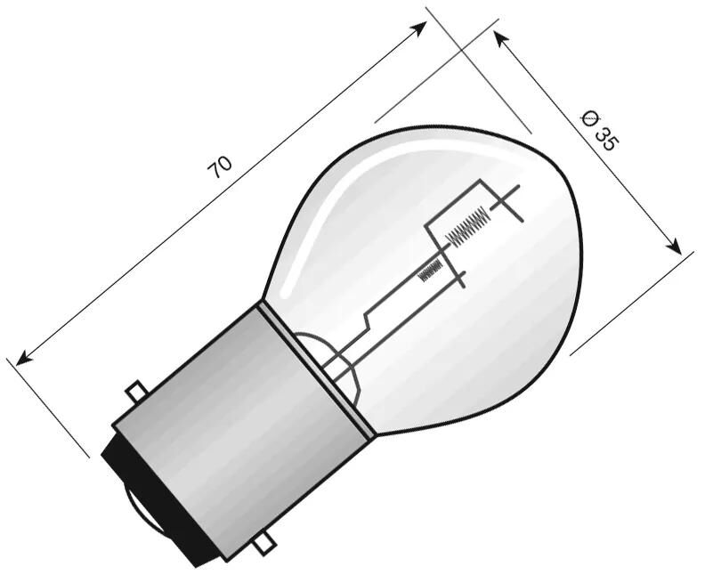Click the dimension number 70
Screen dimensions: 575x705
tap(221, 166)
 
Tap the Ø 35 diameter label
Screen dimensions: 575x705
tap(597, 129)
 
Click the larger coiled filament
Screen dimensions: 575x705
tap(466, 225)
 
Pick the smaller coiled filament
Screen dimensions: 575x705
tap(432, 268)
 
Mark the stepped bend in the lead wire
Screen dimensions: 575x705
tap(368, 318)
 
